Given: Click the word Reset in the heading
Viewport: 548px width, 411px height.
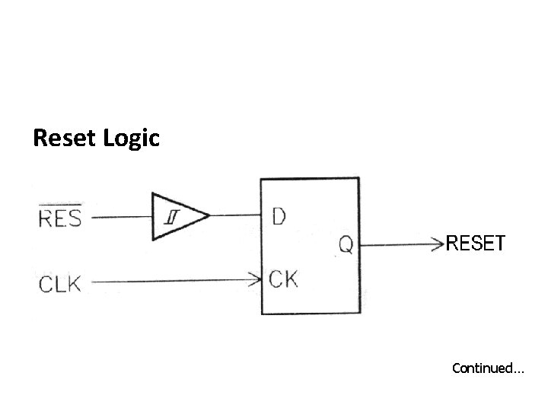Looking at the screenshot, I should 63,139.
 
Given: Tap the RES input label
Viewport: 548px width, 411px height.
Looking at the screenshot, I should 59,219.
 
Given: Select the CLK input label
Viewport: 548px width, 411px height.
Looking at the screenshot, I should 59,285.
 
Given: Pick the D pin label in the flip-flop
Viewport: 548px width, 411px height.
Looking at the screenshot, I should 279,216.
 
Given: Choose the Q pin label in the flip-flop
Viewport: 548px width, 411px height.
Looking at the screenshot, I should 345,245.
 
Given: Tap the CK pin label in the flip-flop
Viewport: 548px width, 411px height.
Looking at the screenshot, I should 283,279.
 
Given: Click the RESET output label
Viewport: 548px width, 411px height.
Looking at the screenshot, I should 475,244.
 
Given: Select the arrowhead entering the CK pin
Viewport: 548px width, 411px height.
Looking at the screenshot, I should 256,280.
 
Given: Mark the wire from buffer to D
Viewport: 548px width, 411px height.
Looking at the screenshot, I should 234,215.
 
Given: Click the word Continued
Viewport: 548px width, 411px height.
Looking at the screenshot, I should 482,368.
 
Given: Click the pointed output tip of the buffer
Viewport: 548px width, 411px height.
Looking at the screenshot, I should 208,216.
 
